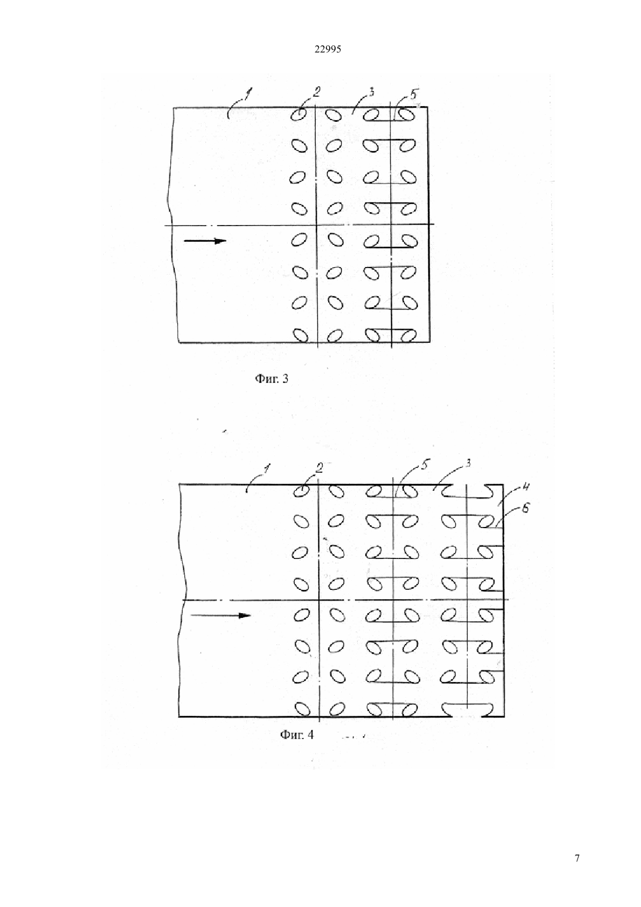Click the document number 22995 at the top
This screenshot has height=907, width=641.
click(327, 50)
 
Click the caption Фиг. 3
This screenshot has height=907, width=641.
click(271, 379)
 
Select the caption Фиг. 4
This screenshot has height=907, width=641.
click(297, 735)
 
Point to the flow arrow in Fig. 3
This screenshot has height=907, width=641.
click(205, 241)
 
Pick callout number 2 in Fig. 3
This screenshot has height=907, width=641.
click(316, 92)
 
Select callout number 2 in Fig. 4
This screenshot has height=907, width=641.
click(319, 468)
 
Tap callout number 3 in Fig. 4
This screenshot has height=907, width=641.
click(468, 463)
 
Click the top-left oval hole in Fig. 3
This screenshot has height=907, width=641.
click(300, 115)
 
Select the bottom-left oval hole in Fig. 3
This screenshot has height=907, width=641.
click(300, 336)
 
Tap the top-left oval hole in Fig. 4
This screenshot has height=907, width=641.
click(302, 491)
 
